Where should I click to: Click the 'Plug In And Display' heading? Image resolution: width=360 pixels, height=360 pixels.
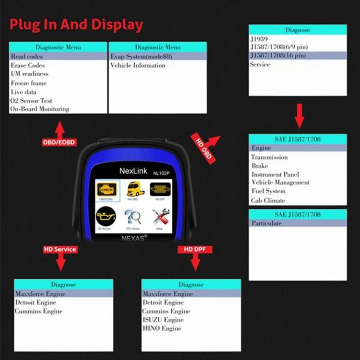(x=76, y=25)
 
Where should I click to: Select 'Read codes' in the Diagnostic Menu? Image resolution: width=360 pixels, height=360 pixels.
(x=27, y=56)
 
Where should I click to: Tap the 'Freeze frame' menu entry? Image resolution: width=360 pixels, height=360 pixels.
(x=29, y=83)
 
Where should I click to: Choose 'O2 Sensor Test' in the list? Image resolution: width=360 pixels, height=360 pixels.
(x=31, y=101)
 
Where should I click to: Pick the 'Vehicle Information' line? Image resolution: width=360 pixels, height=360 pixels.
(x=138, y=65)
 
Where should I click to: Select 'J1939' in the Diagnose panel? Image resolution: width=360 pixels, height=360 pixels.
(x=259, y=38)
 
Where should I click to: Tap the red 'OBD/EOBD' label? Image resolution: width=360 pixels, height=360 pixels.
(x=59, y=143)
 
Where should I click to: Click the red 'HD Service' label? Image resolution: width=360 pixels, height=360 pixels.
(x=60, y=249)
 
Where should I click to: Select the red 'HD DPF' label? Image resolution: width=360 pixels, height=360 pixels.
(x=195, y=249)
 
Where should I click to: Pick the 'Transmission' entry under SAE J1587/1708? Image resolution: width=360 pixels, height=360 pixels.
(x=269, y=157)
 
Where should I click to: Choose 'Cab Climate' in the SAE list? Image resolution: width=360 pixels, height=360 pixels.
(x=268, y=201)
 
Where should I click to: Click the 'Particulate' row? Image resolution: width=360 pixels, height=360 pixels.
(x=267, y=223)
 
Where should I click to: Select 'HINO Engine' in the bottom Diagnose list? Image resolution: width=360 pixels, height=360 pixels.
(x=162, y=328)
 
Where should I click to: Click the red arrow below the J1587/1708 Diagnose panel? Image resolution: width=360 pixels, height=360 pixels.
(x=299, y=115)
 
